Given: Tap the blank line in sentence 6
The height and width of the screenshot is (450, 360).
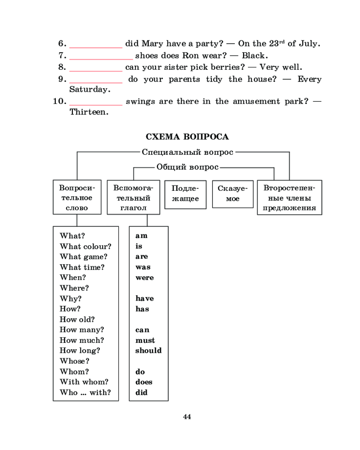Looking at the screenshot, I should pyautogui.click(x=96, y=45).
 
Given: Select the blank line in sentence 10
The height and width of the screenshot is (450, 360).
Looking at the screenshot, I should pyautogui.click(x=96, y=103).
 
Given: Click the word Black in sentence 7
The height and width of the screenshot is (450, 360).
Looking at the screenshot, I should pyautogui.click(x=254, y=56).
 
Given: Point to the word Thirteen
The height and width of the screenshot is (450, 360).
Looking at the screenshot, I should pyautogui.click(x=89, y=112).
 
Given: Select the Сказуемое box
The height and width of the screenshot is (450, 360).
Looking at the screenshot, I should pyautogui.click(x=233, y=194).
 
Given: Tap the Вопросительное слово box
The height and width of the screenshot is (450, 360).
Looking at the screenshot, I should pyautogui.click(x=77, y=198).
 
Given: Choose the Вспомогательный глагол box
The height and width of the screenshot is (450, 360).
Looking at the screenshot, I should pyautogui.click(x=133, y=198).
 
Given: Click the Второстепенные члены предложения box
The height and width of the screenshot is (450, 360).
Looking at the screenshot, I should pyautogui.click(x=289, y=198).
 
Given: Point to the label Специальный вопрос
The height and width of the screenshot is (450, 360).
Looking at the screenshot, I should pyautogui.click(x=188, y=152).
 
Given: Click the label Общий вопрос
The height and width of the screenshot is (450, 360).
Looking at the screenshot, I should pyautogui.click(x=188, y=167).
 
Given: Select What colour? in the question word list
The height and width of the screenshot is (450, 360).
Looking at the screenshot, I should pyautogui.click(x=85, y=246).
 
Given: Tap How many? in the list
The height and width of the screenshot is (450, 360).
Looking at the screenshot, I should pyautogui.click(x=82, y=330).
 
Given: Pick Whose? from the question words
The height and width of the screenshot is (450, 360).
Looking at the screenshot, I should pyautogui.click(x=75, y=361).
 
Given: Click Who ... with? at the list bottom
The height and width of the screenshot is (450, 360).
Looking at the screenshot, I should pyautogui.click(x=85, y=392).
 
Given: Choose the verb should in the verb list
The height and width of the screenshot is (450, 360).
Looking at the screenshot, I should pyautogui.click(x=148, y=351).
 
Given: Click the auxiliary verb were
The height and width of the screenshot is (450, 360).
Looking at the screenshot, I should pyautogui.click(x=144, y=278).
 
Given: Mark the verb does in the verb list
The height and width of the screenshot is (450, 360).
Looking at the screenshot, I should pyautogui.click(x=144, y=382).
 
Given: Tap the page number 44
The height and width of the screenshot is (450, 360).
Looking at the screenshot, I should pyautogui.click(x=187, y=417).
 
